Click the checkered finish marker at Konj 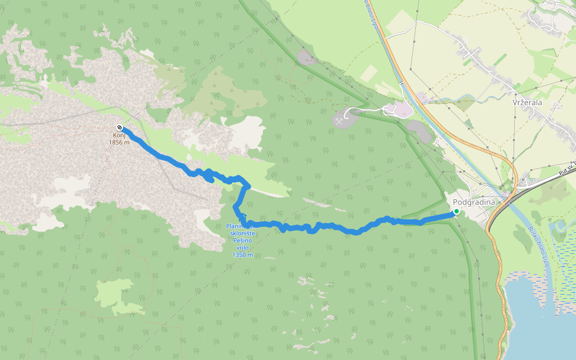pos(120,127)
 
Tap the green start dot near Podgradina pos(456,211)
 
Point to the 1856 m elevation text pos(119,142)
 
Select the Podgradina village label pos(474,202)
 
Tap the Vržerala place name pos(527,103)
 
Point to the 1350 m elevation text pos(242,255)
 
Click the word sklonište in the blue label pos(242,233)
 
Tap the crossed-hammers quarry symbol pos(341,119)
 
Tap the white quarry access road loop pos(360,109)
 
